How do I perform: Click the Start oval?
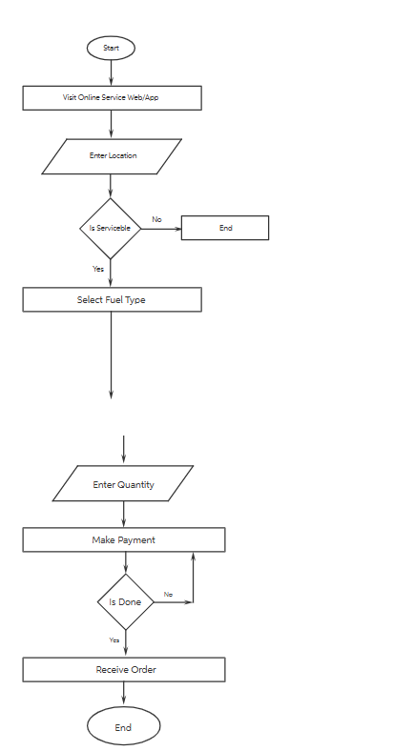[x=111, y=48]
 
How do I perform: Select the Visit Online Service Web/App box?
[x=112, y=98]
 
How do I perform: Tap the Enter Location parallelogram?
[x=112, y=156]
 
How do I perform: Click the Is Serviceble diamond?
[x=111, y=229]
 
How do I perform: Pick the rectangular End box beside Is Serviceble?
[x=225, y=228]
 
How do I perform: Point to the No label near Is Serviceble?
[x=156, y=220]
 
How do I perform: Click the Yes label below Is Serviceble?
[x=98, y=269]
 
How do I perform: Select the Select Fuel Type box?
[x=112, y=300]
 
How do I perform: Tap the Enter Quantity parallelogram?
[x=123, y=484]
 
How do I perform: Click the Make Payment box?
[x=123, y=540]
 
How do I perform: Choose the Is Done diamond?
[x=125, y=602]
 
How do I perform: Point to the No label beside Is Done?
[x=168, y=595]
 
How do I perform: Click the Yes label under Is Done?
[x=114, y=639]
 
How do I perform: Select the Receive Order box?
[x=124, y=670]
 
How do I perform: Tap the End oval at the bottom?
[x=123, y=727]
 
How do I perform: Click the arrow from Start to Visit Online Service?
[x=111, y=72]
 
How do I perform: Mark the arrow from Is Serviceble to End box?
[x=161, y=229]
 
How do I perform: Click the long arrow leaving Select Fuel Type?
[x=111, y=353]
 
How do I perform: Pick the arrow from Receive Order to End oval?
[x=124, y=694]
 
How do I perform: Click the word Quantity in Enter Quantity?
[x=136, y=485]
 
